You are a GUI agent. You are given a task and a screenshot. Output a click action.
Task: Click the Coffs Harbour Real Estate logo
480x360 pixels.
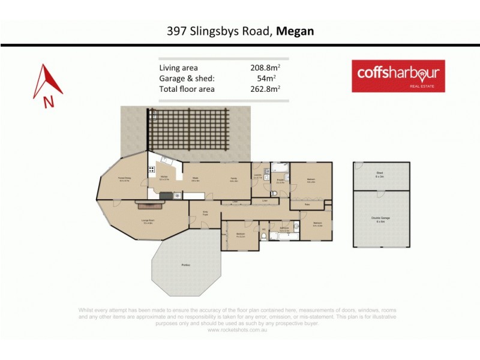(398, 76)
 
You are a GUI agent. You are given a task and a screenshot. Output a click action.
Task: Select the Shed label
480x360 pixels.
(379, 174)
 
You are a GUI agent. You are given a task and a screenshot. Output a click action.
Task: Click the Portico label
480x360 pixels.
(186, 265)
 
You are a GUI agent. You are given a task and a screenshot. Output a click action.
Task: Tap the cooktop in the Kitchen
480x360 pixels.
(151, 170)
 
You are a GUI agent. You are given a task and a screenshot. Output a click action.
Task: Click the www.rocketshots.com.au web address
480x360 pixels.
(239, 329)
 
